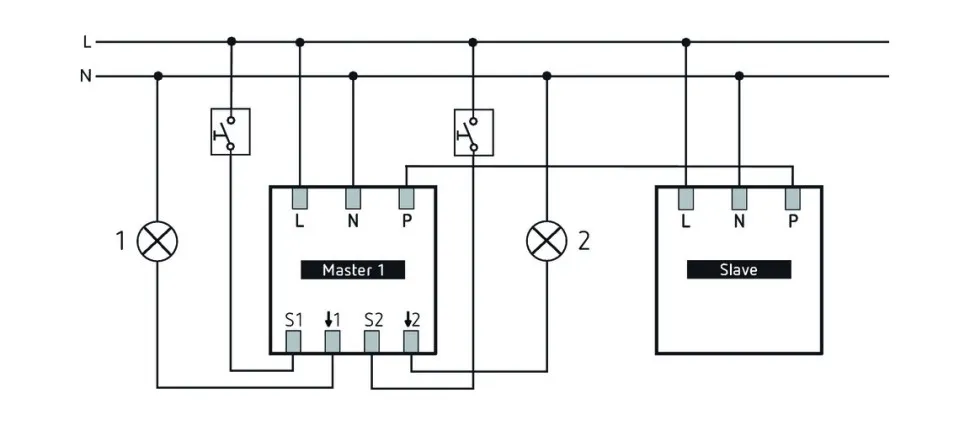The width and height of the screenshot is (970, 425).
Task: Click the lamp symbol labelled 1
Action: (x=157, y=240)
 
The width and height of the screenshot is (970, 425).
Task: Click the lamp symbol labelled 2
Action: (x=546, y=240)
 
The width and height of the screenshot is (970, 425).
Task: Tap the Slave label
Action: (x=739, y=270)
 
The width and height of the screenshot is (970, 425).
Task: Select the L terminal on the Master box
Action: (x=299, y=198)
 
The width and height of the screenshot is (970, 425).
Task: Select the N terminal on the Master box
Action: (x=353, y=198)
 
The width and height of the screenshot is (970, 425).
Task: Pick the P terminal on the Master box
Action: (x=406, y=198)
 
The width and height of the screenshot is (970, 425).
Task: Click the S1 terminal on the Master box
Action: (x=294, y=342)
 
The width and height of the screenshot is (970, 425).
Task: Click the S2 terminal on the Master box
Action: (x=371, y=342)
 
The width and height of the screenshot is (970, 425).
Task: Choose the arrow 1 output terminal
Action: (x=332, y=342)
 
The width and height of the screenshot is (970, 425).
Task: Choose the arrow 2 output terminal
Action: (x=410, y=342)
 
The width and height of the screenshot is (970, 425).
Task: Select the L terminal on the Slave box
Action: (x=686, y=198)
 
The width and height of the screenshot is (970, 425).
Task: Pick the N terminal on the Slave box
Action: (x=739, y=198)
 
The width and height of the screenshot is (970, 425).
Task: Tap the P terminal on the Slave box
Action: (x=792, y=198)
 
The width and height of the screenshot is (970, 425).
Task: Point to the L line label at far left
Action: (x=87, y=42)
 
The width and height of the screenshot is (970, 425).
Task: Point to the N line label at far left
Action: (x=86, y=75)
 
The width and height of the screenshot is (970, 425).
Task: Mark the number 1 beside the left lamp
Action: (x=120, y=240)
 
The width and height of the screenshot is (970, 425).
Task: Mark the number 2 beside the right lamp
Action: (x=584, y=240)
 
